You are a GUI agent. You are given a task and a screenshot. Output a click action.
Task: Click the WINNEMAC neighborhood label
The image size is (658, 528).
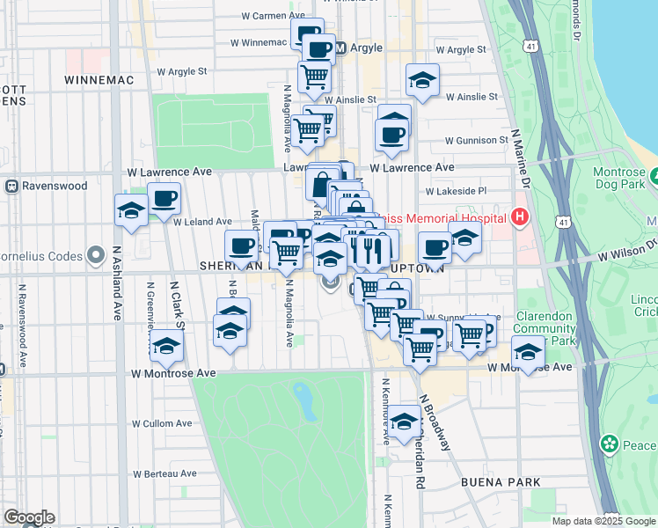tap(99, 80)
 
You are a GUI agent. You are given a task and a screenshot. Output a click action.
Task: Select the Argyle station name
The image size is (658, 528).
tap(367, 48)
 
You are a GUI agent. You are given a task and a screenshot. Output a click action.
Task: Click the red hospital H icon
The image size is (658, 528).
tap(521, 216)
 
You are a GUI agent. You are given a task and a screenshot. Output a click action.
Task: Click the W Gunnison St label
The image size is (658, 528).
tap(476, 140)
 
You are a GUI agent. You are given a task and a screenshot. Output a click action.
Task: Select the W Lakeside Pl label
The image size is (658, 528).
tap(457, 190)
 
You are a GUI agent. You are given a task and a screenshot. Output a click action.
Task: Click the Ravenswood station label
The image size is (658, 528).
tap(55, 186)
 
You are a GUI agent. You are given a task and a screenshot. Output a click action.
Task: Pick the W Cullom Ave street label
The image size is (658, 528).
tap(161, 423)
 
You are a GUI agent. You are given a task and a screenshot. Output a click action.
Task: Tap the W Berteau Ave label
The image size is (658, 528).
tap(164, 473)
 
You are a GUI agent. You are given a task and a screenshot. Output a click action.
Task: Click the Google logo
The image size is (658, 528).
tap(28, 517)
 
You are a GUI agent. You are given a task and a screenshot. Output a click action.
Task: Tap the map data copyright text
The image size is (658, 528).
tap(603, 521)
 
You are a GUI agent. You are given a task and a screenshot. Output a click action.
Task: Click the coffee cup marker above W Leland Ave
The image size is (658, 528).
tap(164, 200)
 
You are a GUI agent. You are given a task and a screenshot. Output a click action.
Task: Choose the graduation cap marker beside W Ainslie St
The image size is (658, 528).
tap(422, 82)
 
